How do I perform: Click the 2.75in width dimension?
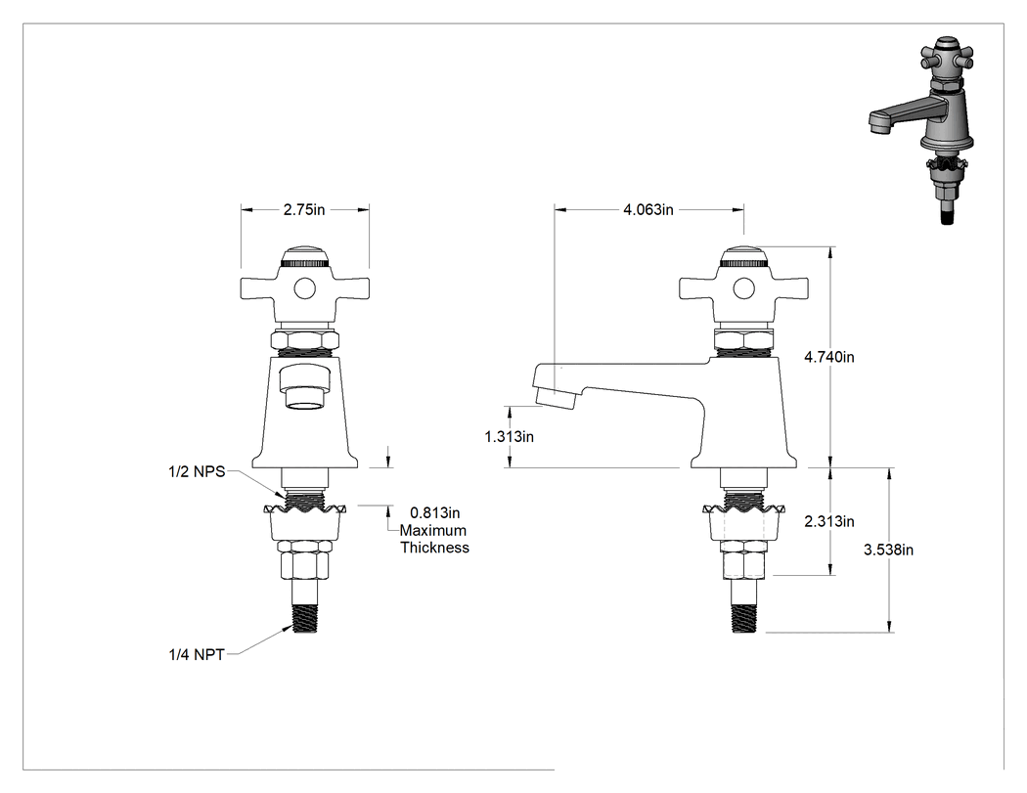click(304, 209)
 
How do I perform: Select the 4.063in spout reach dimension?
click(648, 209)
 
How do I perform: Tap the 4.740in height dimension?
click(829, 357)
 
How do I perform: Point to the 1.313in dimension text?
click(509, 436)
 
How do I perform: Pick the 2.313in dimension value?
click(829, 521)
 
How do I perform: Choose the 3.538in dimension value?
click(888, 550)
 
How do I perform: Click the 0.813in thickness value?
click(435, 512)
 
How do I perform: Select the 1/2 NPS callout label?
click(197, 471)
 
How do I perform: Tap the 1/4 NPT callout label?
click(197, 654)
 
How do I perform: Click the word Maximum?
click(433, 530)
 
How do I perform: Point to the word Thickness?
click(435, 548)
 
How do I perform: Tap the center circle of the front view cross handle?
click(304, 288)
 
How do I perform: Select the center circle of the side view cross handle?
click(743, 288)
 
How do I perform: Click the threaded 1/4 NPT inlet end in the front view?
click(304, 617)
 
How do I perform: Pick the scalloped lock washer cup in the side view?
click(743, 522)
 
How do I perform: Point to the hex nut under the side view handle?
click(743, 340)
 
